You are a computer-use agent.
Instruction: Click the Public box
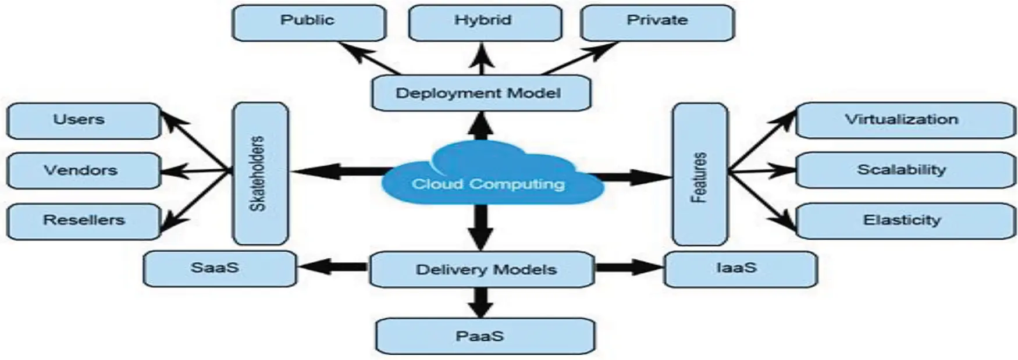pyautogui.click(x=308, y=22)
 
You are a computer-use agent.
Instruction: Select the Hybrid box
pyautogui.click(x=485, y=22)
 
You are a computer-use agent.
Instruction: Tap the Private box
pyautogui.click(x=657, y=22)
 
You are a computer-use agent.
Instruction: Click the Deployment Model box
pyautogui.click(x=480, y=93)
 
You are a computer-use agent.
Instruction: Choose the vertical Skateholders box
pyautogui.click(x=260, y=173)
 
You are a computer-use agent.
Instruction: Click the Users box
pyautogui.click(x=83, y=121)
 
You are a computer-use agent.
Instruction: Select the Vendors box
pyautogui.click(x=83, y=170)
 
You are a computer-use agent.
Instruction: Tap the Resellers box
pyautogui.click(x=83, y=221)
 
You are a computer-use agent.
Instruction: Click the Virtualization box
pyautogui.click(x=905, y=120)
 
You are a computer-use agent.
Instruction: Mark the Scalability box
pyautogui.click(x=905, y=170)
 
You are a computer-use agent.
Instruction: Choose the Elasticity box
pyautogui.click(x=905, y=220)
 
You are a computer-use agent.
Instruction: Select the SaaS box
pyautogui.click(x=219, y=269)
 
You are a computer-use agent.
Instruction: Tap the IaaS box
pyautogui.click(x=740, y=269)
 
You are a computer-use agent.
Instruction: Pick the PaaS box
pyautogui.click(x=485, y=336)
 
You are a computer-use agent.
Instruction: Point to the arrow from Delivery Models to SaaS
pyautogui.click(x=333, y=268)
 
